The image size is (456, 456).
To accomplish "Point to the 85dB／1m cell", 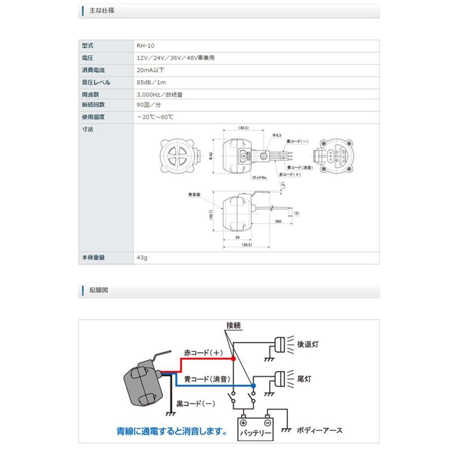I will click(x=151, y=82).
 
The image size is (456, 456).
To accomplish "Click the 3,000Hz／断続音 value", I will click(x=160, y=94).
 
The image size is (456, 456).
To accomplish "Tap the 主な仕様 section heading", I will click(x=101, y=10).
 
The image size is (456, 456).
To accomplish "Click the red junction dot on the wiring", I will click(x=233, y=359).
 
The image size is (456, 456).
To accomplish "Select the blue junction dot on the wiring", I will click(x=254, y=386).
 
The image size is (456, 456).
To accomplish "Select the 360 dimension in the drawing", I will click(x=278, y=222).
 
